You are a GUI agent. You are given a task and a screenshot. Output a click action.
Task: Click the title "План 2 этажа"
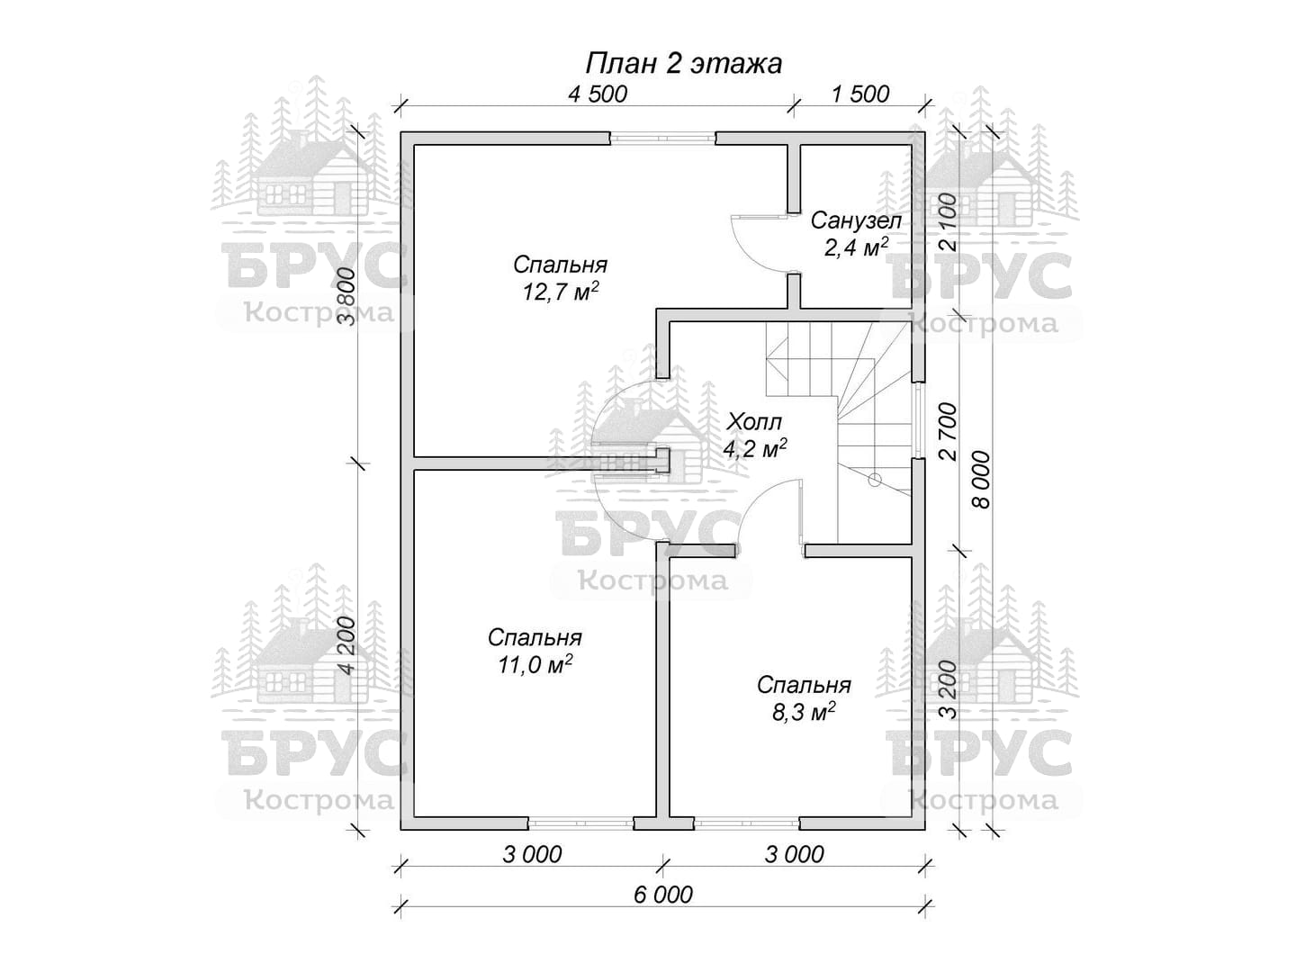click(x=683, y=63)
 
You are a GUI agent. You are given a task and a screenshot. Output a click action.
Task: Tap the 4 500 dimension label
click(x=597, y=94)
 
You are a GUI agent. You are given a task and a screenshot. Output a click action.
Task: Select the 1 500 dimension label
click(x=860, y=94)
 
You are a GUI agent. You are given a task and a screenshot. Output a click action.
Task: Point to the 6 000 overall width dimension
click(x=663, y=895)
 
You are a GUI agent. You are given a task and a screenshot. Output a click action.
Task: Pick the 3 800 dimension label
click(x=346, y=296)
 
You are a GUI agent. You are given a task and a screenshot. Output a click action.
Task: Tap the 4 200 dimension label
click(x=346, y=645)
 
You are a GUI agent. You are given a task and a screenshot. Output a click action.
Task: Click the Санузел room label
click(x=856, y=220)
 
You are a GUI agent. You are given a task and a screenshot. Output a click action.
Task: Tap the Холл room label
click(x=754, y=422)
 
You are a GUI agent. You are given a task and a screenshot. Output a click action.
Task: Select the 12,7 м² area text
click(x=561, y=292)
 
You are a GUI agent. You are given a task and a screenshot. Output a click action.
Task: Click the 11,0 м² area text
click(x=535, y=664)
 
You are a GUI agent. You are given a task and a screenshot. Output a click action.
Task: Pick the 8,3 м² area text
click(x=804, y=712)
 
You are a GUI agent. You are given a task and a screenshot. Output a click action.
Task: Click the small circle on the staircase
click(x=875, y=480)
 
